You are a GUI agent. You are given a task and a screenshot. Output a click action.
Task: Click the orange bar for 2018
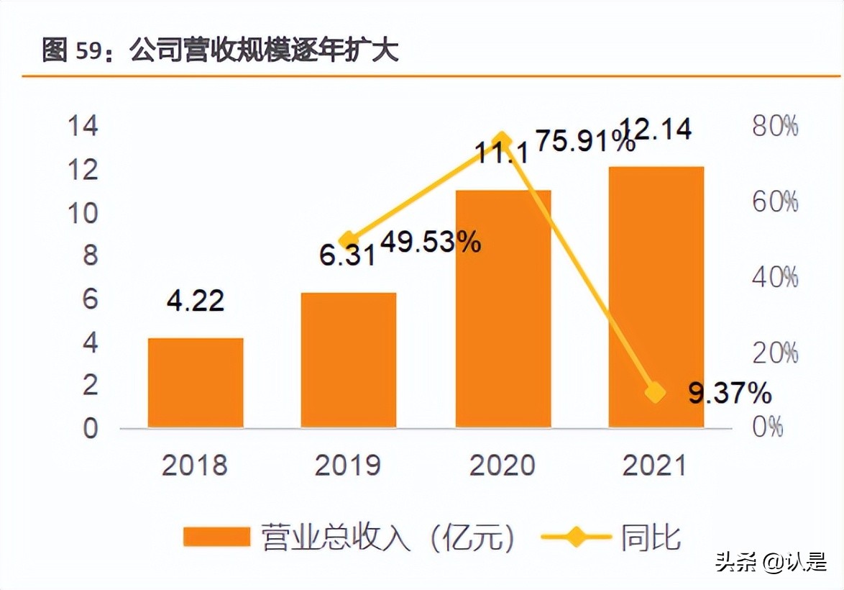click(196, 383)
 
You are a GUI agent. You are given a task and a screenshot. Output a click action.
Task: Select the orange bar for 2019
click(349, 360)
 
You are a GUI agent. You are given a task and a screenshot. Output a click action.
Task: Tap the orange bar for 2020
click(503, 309)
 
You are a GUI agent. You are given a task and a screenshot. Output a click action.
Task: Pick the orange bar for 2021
click(656, 297)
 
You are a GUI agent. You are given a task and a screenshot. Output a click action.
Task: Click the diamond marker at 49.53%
click(349, 240)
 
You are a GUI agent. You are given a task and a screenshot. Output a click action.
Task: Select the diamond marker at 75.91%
click(503, 141)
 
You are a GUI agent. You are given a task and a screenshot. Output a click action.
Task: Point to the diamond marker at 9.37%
click(655, 392)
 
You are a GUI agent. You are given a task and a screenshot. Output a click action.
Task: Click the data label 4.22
click(196, 300)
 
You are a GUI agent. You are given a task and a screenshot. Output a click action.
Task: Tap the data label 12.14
click(656, 130)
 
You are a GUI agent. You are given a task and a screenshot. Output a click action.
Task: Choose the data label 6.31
click(348, 255)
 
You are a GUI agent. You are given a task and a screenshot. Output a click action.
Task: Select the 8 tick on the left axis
click(89, 256)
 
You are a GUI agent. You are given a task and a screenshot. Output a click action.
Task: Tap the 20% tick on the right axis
click(775, 353)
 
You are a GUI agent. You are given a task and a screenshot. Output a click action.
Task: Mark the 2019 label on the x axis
click(348, 466)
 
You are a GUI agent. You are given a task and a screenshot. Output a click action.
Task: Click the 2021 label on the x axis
click(655, 466)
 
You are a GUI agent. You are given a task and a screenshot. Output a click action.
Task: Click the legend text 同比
click(651, 537)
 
